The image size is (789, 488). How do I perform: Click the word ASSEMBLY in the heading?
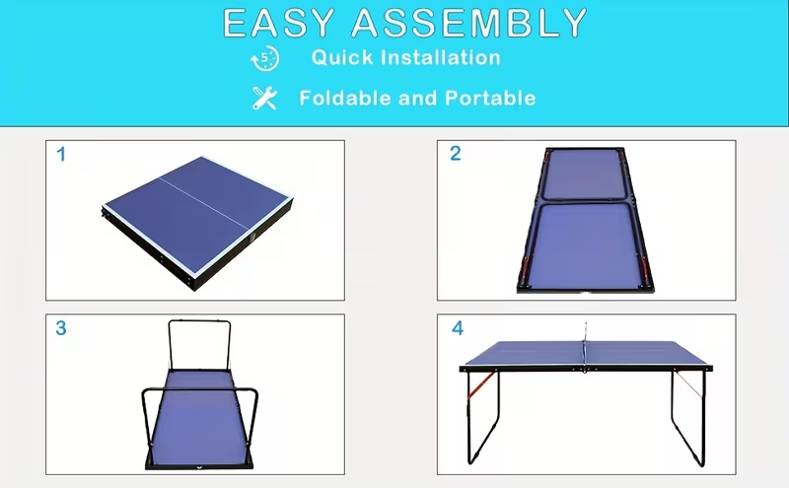(469, 23)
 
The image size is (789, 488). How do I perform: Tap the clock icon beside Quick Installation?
(264, 59)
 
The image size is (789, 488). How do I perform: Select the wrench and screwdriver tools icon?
(264, 98)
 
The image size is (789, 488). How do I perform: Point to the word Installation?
(443, 57)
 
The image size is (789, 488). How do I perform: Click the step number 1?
(61, 154)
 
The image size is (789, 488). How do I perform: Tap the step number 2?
(455, 154)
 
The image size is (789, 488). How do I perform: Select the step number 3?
(61, 328)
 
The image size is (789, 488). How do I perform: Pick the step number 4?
(457, 328)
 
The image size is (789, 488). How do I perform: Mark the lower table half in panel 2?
(586, 244)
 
